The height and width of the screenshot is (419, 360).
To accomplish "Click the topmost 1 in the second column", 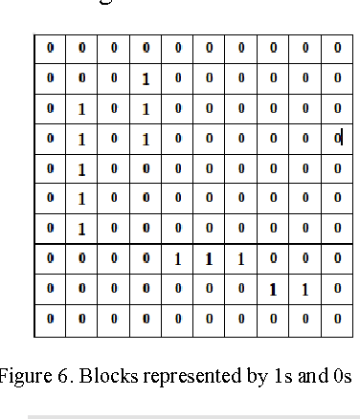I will (81, 109).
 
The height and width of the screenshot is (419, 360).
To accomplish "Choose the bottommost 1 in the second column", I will (81, 229).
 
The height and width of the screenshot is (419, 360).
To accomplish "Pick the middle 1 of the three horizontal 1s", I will (209, 259).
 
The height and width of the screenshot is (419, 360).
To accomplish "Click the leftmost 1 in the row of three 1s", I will (177, 259).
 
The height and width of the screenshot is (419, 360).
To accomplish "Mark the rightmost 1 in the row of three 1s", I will (241, 259).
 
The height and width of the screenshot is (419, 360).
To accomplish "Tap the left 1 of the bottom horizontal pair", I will (273, 289).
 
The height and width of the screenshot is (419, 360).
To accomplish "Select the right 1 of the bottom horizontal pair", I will (304, 289).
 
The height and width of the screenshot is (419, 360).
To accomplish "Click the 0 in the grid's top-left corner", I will (50, 47).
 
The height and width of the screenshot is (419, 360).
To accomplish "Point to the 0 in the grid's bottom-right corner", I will (337, 319).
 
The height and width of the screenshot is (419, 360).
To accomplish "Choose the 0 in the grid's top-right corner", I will (337, 47).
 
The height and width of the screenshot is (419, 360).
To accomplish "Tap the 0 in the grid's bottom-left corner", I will (50, 319).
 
